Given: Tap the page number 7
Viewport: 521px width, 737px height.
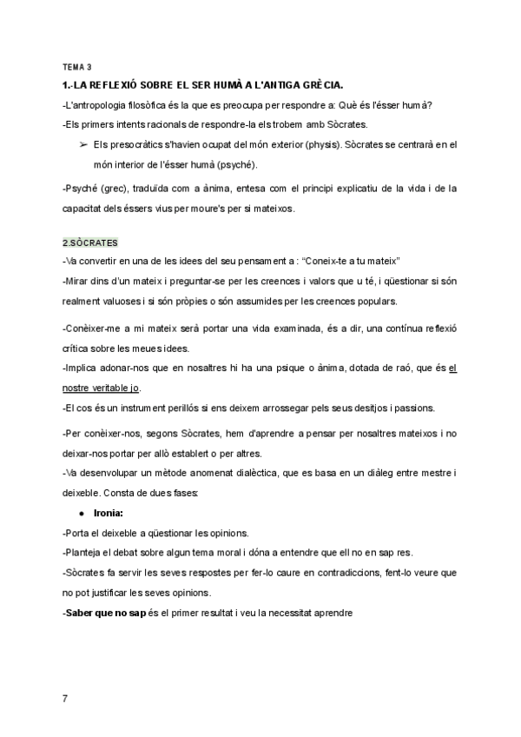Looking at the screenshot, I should pyautogui.click(x=66, y=698).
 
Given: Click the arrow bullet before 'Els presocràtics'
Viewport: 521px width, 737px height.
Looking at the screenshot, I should pyautogui.click(x=82, y=146).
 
